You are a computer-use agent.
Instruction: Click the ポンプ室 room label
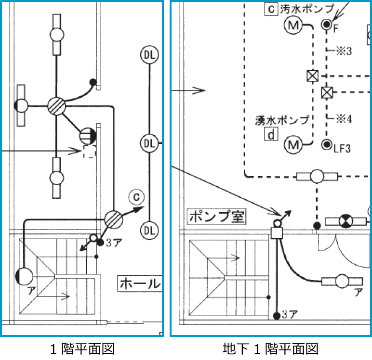[216, 217]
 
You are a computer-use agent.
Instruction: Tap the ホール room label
[139, 283]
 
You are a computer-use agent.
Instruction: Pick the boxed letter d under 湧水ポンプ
[271, 134]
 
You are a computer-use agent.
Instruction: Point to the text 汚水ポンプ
[306, 10]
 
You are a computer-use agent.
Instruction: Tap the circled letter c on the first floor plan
[136, 197]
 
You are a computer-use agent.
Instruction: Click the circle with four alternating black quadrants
[345, 221]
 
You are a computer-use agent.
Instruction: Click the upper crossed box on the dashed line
[313, 76]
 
